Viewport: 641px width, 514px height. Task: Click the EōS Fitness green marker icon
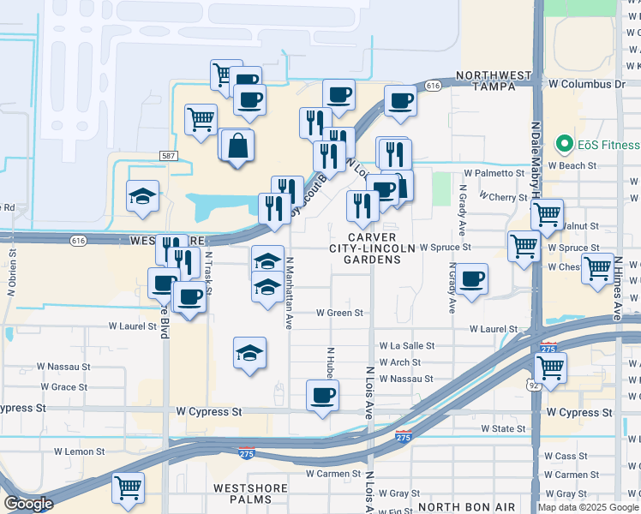coord(564,143)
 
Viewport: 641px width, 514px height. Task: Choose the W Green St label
coord(340,314)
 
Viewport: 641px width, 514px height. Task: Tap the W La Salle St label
coord(407,346)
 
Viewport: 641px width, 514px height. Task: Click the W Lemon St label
coord(79,451)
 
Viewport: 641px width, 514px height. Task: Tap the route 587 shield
coord(168,155)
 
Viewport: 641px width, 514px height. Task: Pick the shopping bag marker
coord(239,146)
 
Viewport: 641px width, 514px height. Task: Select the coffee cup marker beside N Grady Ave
coord(471,280)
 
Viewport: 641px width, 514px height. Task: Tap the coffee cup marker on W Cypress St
coord(322,396)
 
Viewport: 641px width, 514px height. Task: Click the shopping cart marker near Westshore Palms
coord(128,487)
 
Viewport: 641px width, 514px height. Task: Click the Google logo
coord(28,504)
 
